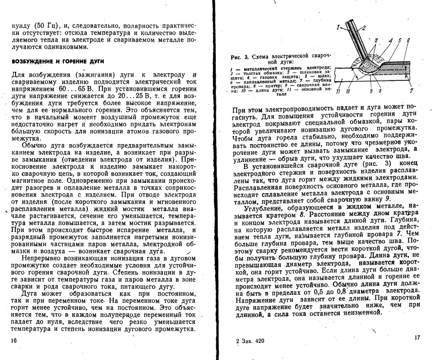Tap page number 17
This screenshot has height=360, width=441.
[x=417, y=337]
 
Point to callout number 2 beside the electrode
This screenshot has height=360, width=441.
[x=363, y=28]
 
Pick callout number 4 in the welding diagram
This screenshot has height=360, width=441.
[x=391, y=42]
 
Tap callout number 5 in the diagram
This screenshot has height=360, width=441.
[x=400, y=42]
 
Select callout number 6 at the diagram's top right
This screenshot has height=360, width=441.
[x=408, y=42]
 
